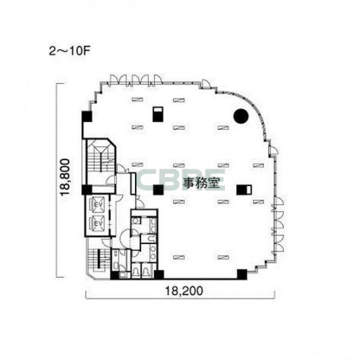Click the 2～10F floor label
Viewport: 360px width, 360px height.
pos(69,51)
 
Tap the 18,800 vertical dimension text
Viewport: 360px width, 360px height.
pos(65,177)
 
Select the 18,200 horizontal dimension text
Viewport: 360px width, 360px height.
pos(184,291)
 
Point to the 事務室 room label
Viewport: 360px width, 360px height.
pos(201,183)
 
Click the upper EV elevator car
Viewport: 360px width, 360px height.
pos(97,203)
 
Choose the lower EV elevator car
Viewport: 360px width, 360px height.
pos(97,222)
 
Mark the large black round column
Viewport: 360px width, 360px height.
pos(241,116)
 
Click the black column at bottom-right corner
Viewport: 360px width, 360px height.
pos(242,275)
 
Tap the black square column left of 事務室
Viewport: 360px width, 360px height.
pos(158,190)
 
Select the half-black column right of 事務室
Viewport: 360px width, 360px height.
pos(244,190)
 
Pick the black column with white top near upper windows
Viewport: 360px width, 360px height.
pos(157,114)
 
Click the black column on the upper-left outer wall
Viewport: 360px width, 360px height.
pos(87,116)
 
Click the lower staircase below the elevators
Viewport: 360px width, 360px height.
pos(99,258)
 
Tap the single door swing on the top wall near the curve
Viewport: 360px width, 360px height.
pos(206,84)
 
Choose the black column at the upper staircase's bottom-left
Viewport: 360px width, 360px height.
pos(87,190)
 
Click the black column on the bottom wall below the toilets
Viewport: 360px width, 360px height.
pos(159,275)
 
